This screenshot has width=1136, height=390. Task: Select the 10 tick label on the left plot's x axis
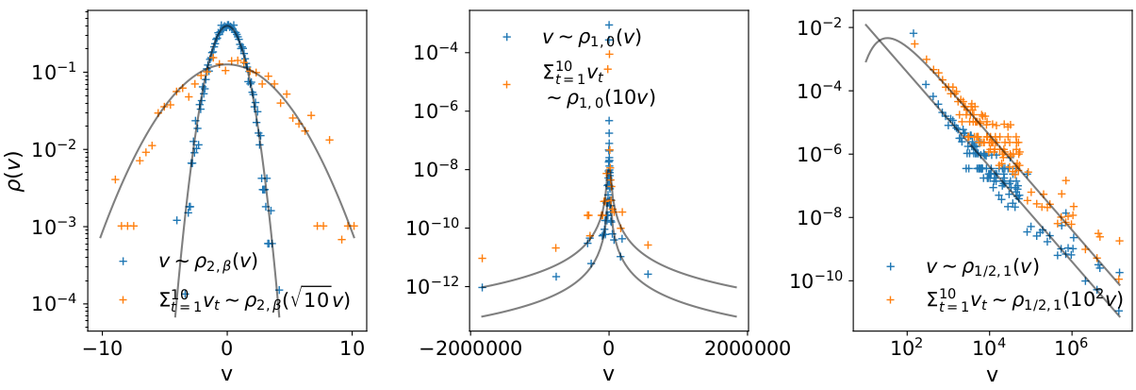tap(353, 348)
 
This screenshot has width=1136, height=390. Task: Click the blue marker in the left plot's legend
tap(123, 262)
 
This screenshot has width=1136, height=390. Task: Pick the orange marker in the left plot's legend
tap(123, 299)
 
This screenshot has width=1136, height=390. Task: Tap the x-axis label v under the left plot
tap(226, 374)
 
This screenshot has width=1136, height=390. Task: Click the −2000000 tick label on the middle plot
tap(469, 348)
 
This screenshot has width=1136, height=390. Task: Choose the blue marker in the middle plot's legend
tap(507, 37)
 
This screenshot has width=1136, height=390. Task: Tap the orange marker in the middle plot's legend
tap(507, 84)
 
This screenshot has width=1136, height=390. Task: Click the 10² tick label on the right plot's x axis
tap(906, 348)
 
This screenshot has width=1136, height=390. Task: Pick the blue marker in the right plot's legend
tap(890, 266)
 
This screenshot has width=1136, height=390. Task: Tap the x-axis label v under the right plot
tap(992, 374)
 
